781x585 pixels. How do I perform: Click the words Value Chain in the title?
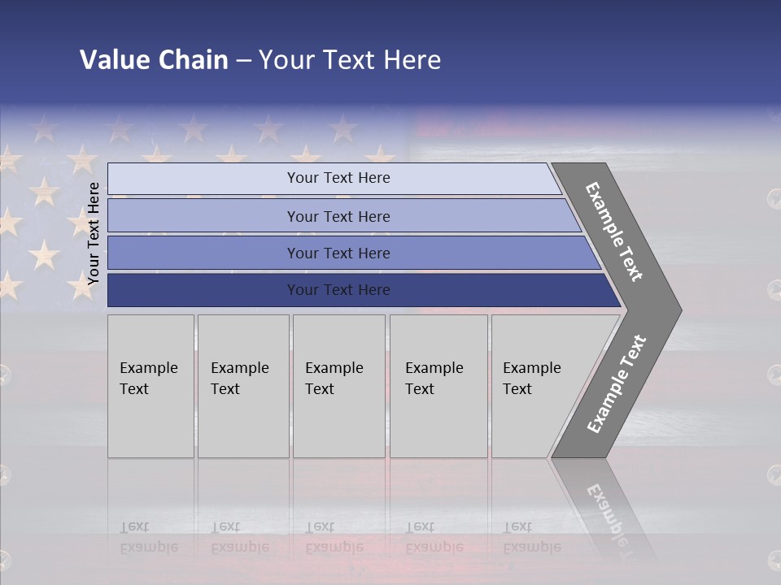coord(154,60)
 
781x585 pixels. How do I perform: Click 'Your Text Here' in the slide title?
coord(350,60)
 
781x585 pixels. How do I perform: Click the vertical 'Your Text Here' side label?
coord(94,233)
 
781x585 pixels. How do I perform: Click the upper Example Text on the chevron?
coord(614,232)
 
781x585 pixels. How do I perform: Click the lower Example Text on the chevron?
coord(617,383)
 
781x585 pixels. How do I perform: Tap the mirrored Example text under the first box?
coord(148,547)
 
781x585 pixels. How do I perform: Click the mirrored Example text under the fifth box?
coord(531,547)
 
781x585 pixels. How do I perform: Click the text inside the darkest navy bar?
coord(338,290)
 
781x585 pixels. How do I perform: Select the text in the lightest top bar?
coord(338,178)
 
